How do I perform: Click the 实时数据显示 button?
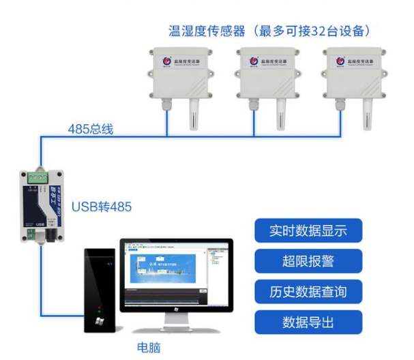308,230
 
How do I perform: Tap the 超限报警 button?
308,260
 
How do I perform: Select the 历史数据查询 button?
308,292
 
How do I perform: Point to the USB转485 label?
102,206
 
